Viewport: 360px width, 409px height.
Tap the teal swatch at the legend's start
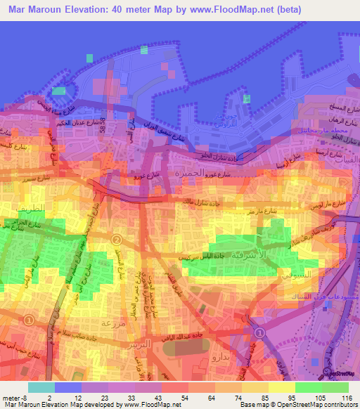pos(41,387)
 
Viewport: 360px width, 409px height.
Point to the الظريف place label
pos(39,207)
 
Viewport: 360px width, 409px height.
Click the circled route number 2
pos(117,239)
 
